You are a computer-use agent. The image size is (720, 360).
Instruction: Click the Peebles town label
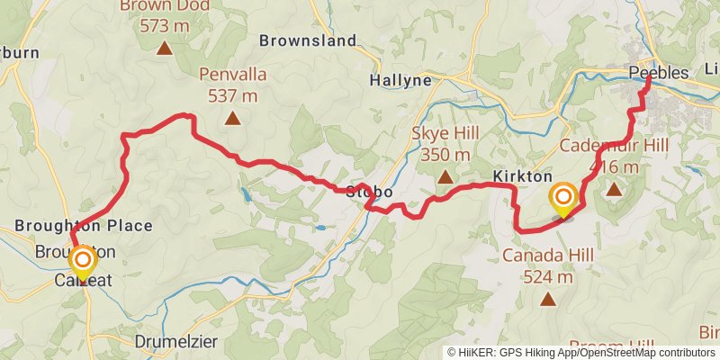pyautogui.click(x=659, y=73)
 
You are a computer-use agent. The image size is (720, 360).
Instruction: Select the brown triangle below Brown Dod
pyautogui.click(x=164, y=48)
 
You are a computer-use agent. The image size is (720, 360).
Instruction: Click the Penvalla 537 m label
pyautogui.click(x=232, y=86)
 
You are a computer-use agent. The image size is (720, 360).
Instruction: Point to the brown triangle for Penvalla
pyautogui.click(x=232, y=117)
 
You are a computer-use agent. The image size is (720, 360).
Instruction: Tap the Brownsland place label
pyautogui.click(x=295, y=40)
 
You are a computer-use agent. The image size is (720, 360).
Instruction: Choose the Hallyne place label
pyautogui.click(x=400, y=80)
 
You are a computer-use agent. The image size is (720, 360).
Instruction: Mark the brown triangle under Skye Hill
pyautogui.click(x=445, y=176)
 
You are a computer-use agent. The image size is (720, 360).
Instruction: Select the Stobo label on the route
pyautogui.click(x=367, y=191)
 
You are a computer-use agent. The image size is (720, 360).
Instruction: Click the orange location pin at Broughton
pyautogui.click(x=82, y=263)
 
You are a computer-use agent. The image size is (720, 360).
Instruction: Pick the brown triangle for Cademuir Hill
pyautogui.click(x=614, y=189)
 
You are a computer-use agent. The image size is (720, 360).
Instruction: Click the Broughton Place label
pyautogui.click(x=83, y=225)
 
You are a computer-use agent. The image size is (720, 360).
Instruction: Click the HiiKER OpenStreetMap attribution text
pyautogui.click(x=581, y=353)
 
